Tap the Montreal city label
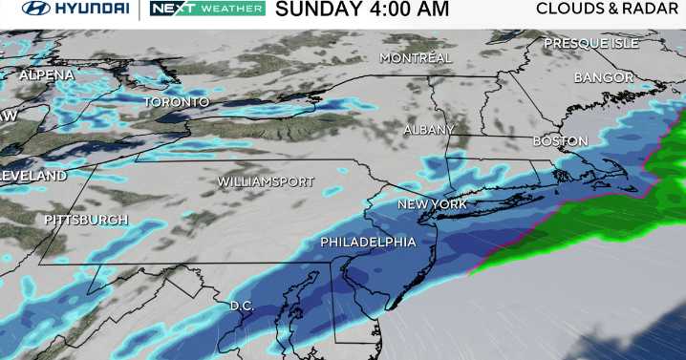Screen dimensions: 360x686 pos(415,58)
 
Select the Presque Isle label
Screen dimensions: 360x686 pos(590,44)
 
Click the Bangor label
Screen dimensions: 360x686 pos(604,77)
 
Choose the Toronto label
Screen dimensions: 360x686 pos(176,102)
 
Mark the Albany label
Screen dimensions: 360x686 pos(429,130)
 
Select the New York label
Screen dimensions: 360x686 pos(431,205)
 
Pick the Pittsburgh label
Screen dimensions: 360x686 pos(86,221)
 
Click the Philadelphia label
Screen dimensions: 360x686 pos(368,243)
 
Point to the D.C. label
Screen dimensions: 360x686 pos(241,307)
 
